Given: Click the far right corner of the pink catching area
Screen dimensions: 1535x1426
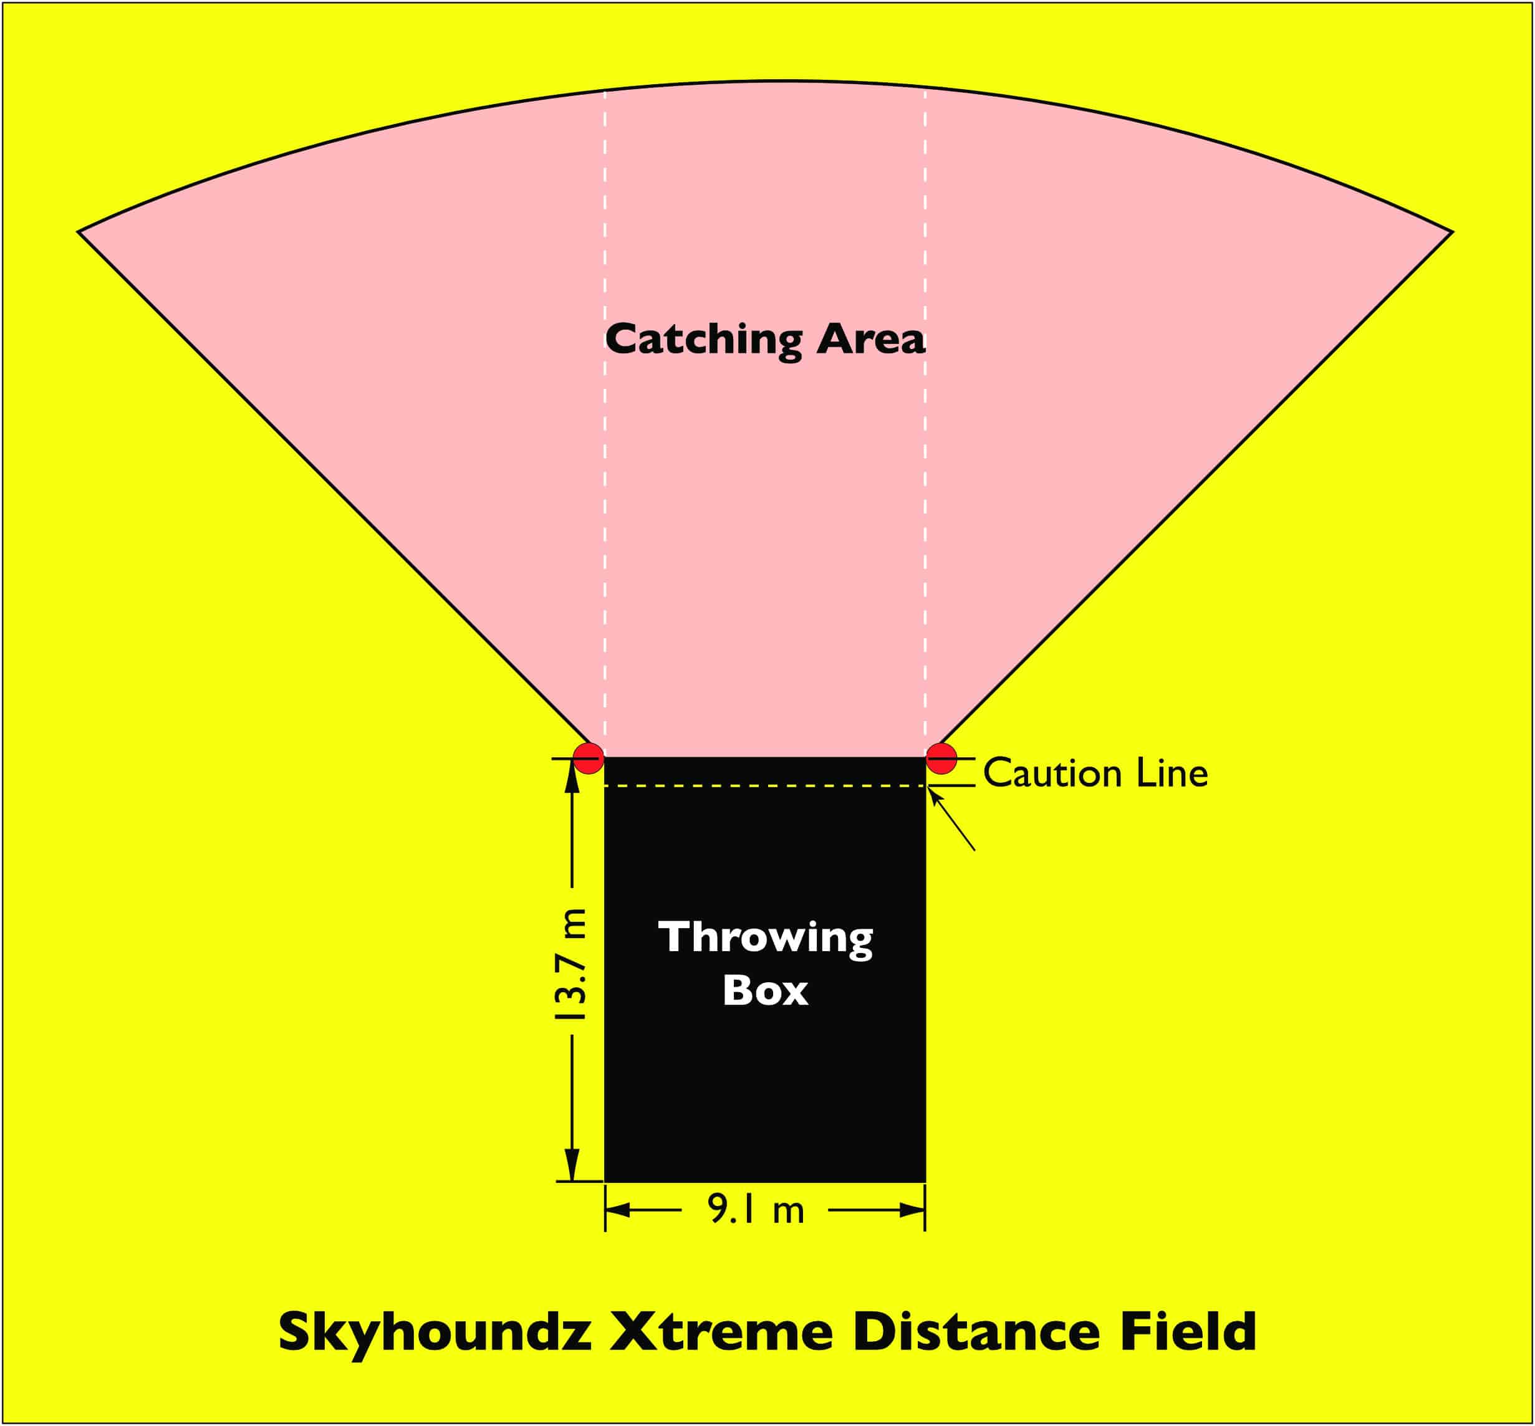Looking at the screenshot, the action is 1453,231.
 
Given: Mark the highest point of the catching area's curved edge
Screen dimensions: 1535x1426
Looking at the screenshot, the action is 766,81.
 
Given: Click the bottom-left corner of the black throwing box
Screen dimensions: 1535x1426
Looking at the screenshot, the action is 605,1182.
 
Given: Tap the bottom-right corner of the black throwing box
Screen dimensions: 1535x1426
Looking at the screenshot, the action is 925,1182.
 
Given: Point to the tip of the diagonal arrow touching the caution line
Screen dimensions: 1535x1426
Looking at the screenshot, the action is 928,788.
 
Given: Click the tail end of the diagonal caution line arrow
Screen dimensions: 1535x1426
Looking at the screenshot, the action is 974,850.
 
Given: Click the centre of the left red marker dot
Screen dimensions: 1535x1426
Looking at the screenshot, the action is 589,758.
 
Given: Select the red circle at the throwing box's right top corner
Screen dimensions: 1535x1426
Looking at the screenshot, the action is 941,758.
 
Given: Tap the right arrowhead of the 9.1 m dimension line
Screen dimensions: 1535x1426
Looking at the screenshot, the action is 912,1211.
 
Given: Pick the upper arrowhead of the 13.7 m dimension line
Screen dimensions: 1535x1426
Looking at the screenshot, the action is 572,775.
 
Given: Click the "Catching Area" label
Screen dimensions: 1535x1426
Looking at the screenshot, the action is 765,340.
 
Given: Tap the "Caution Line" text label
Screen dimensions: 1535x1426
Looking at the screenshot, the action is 1095,773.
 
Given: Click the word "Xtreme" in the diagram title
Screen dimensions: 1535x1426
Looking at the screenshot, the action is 721,1332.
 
